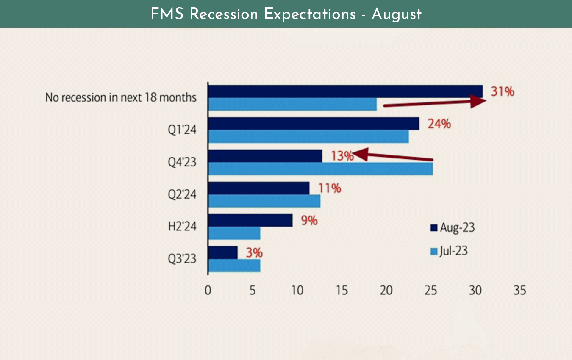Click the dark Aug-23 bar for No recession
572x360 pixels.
point(345,91)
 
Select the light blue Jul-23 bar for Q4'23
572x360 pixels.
point(321,169)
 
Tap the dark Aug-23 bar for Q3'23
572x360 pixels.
point(223,253)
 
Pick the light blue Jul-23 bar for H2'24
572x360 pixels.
point(234,233)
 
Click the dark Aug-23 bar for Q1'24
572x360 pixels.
point(314,124)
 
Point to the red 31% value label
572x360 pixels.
point(503,91)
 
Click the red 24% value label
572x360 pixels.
point(439,124)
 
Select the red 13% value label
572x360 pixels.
point(342,156)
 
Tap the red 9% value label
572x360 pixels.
point(309,221)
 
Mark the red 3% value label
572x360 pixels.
point(254,253)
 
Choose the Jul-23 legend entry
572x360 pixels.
point(449,251)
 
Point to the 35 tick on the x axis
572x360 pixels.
point(519,291)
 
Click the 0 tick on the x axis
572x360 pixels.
point(208,291)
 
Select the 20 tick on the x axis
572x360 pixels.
point(386,291)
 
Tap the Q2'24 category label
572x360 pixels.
point(182,194)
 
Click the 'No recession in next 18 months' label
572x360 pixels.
point(121,97)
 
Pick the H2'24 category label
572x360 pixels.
point(182,227)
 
